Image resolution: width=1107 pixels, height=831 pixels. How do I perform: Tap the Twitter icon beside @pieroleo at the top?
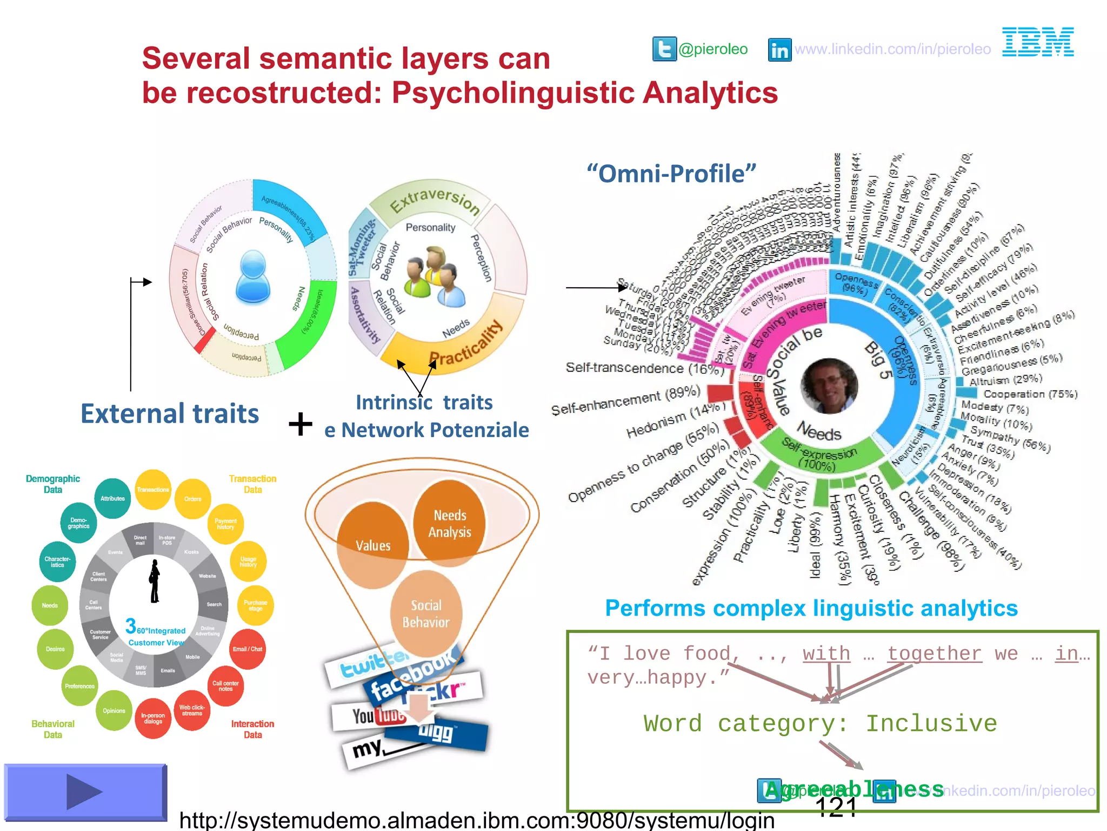click(664, 49)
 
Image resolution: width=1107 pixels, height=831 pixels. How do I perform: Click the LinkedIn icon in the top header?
click(779, 50)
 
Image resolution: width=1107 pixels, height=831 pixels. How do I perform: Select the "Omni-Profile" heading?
click(671, 174)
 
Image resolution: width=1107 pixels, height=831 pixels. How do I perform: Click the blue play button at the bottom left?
click(85, 792)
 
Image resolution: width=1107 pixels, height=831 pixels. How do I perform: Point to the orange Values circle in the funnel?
click(373, 544)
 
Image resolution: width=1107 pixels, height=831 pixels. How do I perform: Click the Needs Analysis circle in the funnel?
click(449, 523)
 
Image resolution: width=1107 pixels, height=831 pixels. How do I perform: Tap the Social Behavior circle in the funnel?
click(426, 614)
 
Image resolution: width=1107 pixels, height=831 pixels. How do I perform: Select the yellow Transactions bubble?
click(153, 490)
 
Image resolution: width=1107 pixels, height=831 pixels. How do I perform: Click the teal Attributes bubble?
click(112, 498)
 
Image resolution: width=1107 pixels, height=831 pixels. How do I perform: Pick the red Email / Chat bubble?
click(248, 649)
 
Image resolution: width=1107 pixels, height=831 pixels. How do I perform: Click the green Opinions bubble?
click(114, 710)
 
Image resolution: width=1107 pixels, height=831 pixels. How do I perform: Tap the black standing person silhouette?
click(155, 582)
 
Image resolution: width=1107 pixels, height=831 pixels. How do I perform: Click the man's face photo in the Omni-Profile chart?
click(828, 385)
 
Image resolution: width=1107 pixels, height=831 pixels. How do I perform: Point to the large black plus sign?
click(301, 424)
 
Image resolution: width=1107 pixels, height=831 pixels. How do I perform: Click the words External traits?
click(170, 413)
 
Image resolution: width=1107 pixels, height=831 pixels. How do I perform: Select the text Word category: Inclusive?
click(820, 723)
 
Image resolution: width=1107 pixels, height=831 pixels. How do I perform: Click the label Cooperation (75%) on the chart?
click(1030, 394)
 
